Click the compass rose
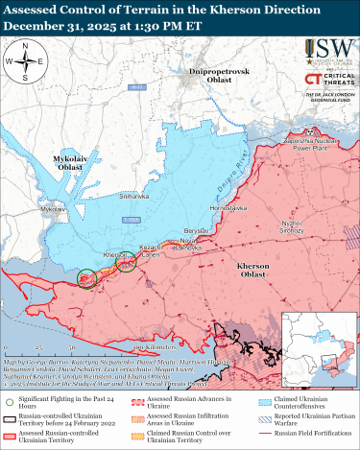[x=29, y=62]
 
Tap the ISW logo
[x=327, y=51]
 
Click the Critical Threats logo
[x=327, y=80]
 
